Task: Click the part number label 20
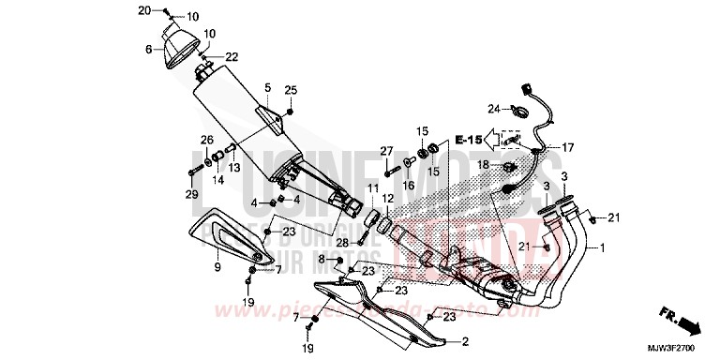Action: coord(143,10)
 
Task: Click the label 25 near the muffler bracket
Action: coord(291,90)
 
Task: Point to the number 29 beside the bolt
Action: coord(191,194)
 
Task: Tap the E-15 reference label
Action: coord(469,140)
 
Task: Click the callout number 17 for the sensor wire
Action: coord(567,148)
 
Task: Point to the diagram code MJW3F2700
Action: coord(687,347)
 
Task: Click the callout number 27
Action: coord(386,151)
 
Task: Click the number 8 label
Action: coord(322,259)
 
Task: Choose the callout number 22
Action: coord(231,58)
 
